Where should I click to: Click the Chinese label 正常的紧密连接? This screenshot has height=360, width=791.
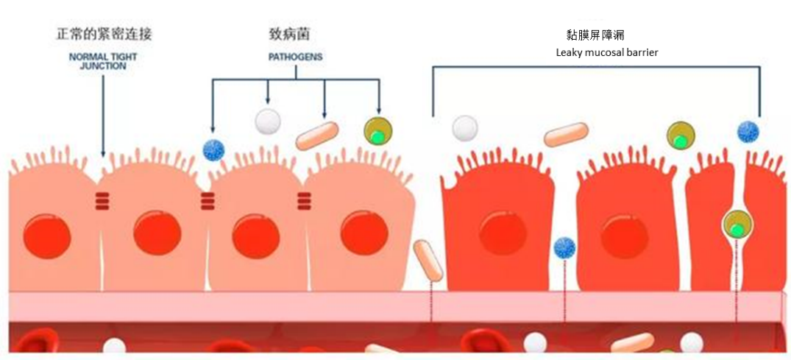tap(104, 34)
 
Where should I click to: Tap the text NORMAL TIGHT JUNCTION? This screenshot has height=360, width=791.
tap(103, 60)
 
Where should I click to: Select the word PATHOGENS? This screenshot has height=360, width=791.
tap(294, 57)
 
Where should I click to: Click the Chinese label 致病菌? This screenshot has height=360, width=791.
tap(294, 34)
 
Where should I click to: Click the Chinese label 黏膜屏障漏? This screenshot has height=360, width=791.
tap(597, 35)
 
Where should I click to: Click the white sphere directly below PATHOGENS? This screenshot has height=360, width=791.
tap(267, 121)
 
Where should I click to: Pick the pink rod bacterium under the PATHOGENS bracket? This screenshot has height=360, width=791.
tap(317, 136)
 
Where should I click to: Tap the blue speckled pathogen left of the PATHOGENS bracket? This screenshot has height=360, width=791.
tap(213, 149)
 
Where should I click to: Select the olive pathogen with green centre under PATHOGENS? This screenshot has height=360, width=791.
tap(377, 132)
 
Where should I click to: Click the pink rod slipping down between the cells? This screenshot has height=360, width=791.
tap(428, 260)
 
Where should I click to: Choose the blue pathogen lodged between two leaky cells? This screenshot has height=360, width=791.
tap(564, 247)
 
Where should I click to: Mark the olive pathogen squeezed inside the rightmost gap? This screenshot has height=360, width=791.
tap(736, 224)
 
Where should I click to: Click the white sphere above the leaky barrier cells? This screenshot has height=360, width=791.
tap(465, 128)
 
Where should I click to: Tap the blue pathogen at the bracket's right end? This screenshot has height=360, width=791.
tap(748, 132)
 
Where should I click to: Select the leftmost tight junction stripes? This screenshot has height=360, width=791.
tap(102, 200)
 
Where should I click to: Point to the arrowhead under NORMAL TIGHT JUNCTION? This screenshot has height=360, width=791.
tap(103, 153)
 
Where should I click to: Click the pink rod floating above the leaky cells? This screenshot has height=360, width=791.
tap(566, 135)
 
